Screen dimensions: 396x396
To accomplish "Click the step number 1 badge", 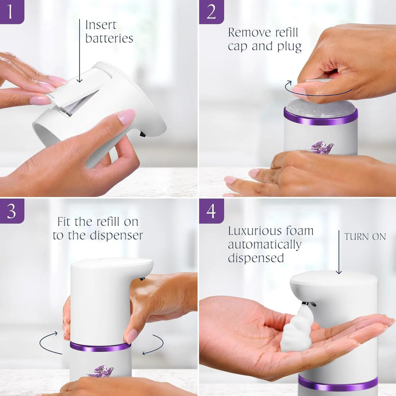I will tap(11, 11).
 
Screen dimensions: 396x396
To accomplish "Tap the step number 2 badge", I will tap(211, 11).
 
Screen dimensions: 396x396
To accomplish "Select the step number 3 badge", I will tap(11, 210).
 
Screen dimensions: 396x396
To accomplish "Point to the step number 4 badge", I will tap(211, 210).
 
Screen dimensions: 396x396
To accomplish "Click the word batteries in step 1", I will tap(109, 39).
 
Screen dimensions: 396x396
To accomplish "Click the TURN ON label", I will tap(365, 237).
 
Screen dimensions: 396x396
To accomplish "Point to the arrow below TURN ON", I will tap(339, 257).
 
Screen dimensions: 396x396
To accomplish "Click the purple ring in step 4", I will tap(338, 383).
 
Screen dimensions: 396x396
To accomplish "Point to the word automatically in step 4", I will tap(264, 245).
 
